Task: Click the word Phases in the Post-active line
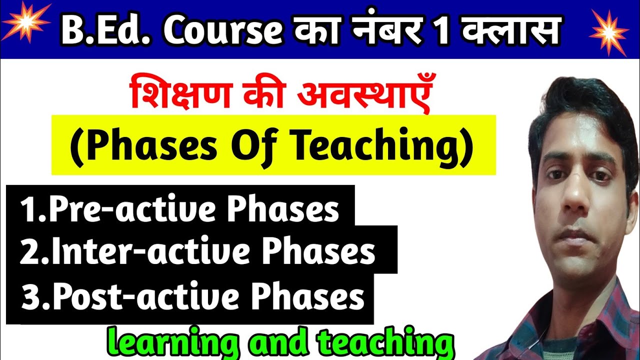tap(307, 297)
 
